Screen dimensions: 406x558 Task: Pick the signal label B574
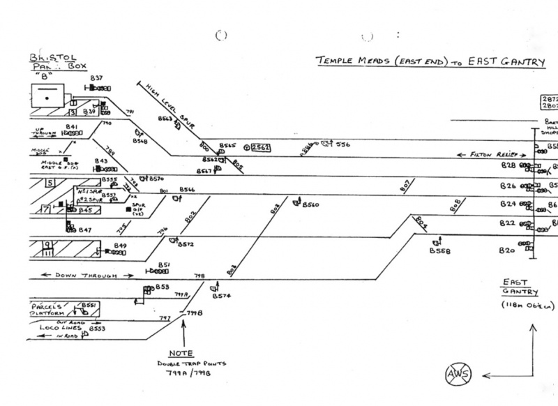222,296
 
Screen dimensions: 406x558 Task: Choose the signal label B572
185,244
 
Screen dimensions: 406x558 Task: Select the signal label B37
96,77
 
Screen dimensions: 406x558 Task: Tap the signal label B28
508,166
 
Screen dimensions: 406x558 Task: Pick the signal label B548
139,141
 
